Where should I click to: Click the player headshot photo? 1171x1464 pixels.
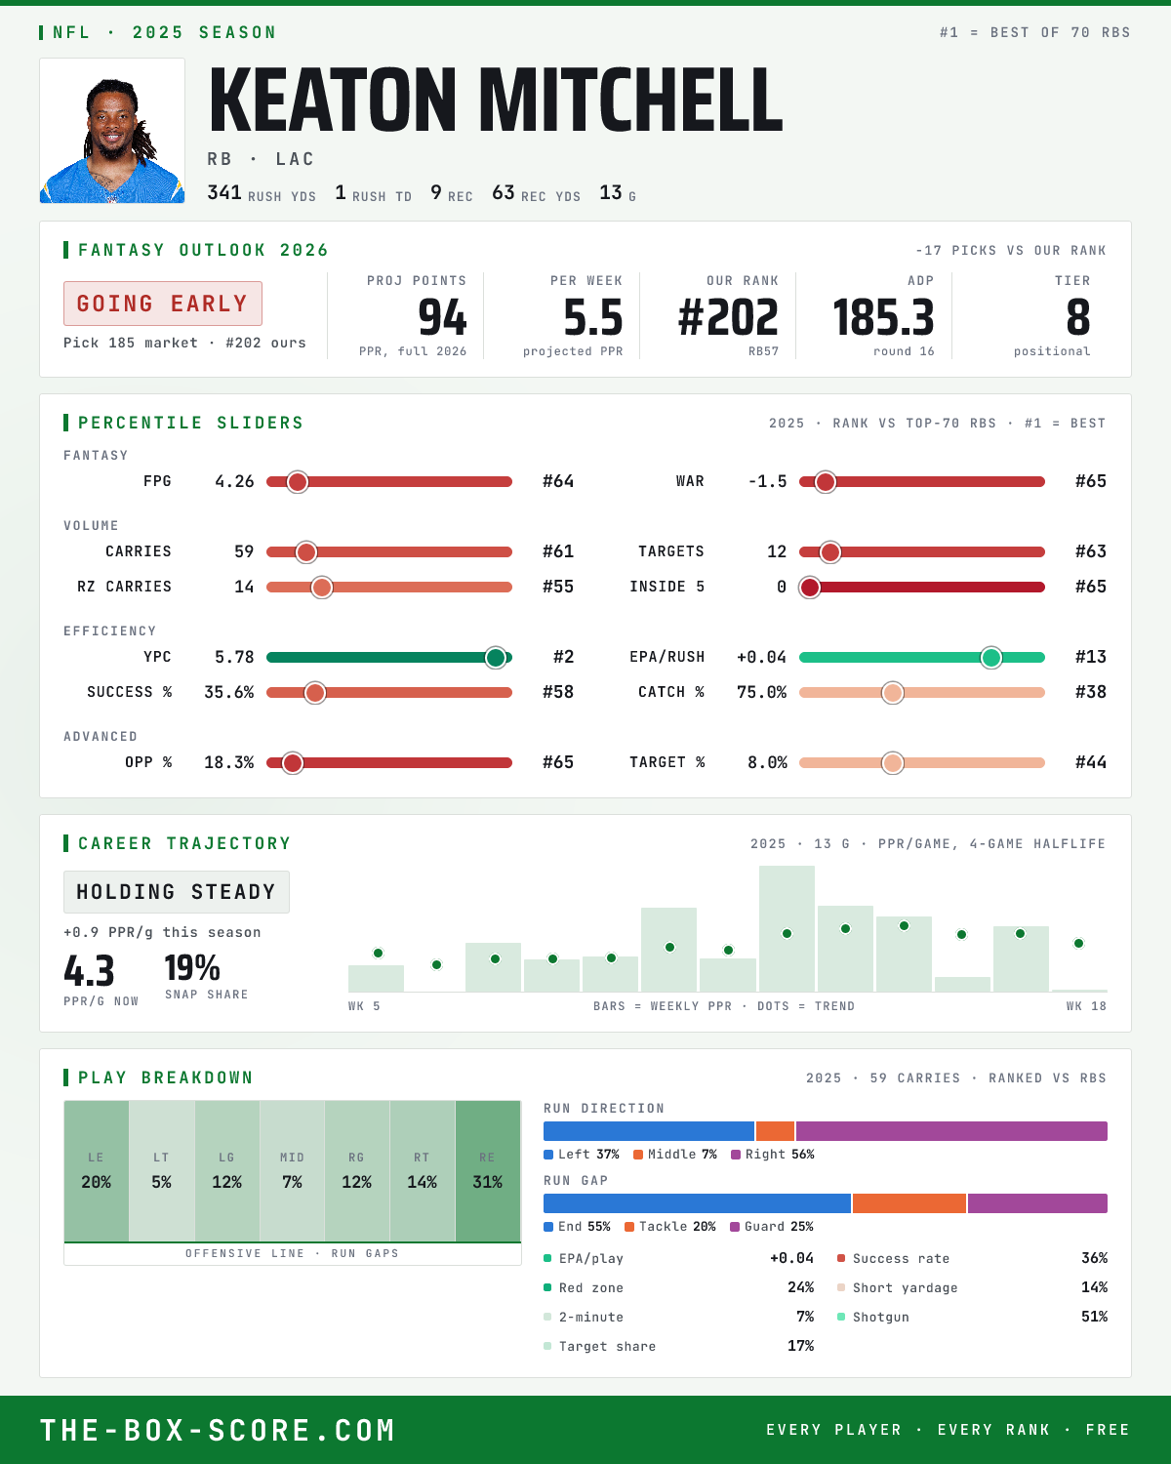[x=112, y=131]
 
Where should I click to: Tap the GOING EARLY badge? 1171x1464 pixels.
[x=163, y=304]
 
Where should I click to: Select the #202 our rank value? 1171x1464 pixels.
[x=728, y=318]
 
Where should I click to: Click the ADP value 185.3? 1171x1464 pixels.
[x=883, y=318]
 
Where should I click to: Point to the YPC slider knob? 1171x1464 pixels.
[x=496, y=657]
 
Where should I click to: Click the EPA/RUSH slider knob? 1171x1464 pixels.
[x=991, y=657]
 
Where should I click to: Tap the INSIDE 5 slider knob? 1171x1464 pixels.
[x=810, y=588]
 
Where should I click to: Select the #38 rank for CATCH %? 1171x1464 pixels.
[x=1090, y=693]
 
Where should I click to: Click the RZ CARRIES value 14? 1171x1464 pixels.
[x=244, y=588]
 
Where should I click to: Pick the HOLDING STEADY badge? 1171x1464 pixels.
[x=177, y=892]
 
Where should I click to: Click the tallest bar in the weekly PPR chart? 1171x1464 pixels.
[x=787, y=928]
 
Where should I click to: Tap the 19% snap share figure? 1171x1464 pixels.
[x=192, y=968]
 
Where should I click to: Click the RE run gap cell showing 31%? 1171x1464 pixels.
[x=488, y=1171]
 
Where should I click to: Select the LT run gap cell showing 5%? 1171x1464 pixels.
[x=161, y=1171]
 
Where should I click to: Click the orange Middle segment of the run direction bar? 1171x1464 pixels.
[x=775, y=1131]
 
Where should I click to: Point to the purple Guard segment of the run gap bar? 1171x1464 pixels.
[x=1037, y=1203]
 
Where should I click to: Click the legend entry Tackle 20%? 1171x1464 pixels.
[x=670, y=1227]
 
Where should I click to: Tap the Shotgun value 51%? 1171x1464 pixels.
[x=1094, y=1317]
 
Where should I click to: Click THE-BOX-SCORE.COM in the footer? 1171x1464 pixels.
[x=218, y=1430]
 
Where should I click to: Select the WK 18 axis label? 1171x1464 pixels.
[x=1086, y=1006]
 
